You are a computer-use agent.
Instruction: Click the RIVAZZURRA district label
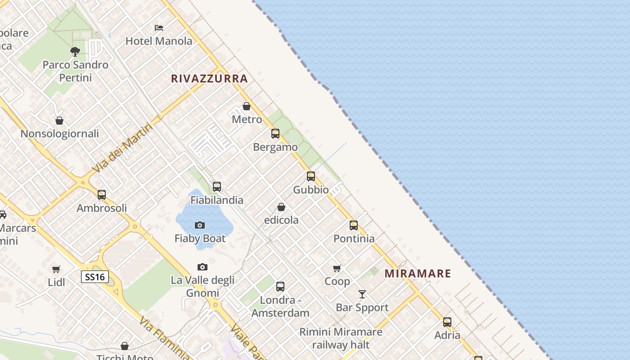[209, 79]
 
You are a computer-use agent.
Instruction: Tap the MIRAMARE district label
[418, 274]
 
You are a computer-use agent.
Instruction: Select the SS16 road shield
[95, 277]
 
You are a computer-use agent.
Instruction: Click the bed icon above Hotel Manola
[159, 28]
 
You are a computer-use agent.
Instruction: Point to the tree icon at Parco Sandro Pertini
[75, 51]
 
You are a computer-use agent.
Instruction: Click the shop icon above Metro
[247, 106]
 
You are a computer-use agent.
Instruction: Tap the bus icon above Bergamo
[275, 134]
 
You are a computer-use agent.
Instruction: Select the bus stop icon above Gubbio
[311, 176]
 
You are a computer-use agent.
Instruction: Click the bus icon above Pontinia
[354, 225]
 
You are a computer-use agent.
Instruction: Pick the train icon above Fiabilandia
[217, 187]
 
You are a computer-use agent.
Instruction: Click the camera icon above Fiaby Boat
[200, 225]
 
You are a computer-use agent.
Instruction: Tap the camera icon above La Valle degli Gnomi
[202, 267]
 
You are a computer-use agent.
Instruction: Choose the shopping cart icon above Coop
[337, 268]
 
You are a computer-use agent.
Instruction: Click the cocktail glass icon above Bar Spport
[362, 294]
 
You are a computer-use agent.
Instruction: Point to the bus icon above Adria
[447, 322]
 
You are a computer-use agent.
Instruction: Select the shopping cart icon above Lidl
[56, 269]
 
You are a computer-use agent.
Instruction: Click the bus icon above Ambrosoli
[102, 195]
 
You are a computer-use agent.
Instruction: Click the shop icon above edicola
[281, 207]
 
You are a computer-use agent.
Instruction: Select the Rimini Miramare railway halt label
[341, 338]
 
